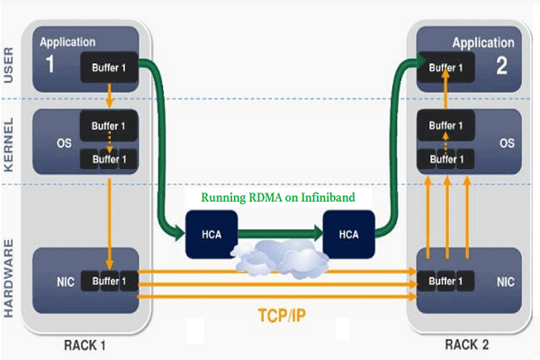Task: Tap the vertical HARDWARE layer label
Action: point(12,269)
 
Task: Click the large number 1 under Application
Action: point(51,64)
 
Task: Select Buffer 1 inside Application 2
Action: point(447,67)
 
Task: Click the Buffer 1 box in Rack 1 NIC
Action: point(110,281)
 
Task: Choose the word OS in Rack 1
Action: point(52,140)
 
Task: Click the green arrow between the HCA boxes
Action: point(276,233)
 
